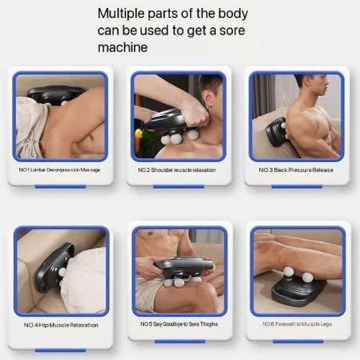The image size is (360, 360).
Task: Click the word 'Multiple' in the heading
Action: pos(121,13)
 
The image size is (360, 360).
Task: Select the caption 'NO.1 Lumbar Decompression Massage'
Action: pos(60,169)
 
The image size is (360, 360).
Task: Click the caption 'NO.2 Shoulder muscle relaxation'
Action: pos(176,170)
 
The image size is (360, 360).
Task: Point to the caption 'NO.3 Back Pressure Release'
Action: pos(295,170)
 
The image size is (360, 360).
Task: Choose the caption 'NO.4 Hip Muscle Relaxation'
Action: pos(61,325)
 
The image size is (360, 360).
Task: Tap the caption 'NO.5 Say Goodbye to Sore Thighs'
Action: pos(179,324)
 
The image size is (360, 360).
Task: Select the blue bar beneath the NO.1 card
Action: pos(60,186)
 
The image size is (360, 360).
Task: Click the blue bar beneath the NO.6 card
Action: pos(297,341)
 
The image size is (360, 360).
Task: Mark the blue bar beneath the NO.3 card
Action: pos(297,186)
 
